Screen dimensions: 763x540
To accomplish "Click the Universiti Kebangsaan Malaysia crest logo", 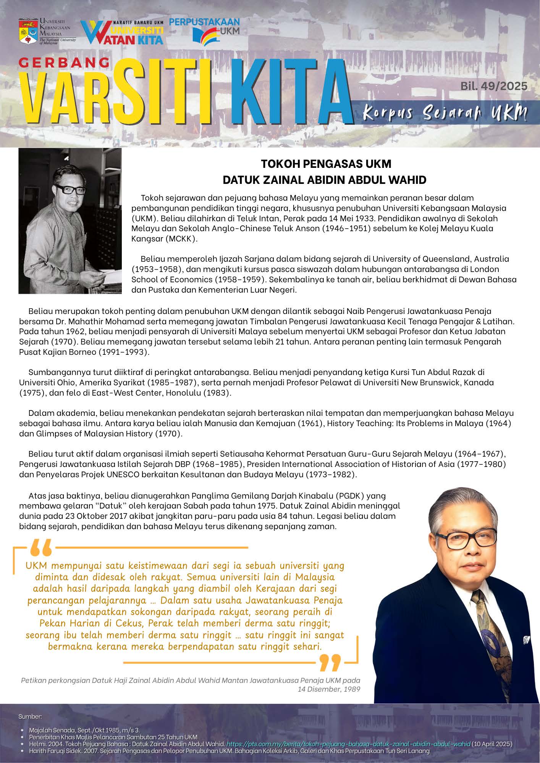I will [28, 31].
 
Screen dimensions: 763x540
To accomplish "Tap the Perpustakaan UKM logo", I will [205, 30].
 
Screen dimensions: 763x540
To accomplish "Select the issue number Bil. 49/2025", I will [494, 86].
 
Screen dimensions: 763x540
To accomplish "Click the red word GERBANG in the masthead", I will [64, 63].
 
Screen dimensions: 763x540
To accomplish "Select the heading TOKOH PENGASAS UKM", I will [326, 164].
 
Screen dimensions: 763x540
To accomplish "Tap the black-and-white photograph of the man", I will [70, 221].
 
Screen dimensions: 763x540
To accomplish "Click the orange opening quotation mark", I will [40, 548].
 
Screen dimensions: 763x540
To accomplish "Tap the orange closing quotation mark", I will [330, 663].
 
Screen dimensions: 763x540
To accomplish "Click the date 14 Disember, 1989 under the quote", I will [329, 689].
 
